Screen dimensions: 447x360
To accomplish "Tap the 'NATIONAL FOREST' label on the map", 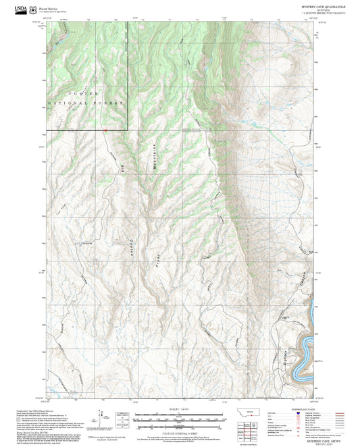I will tap(86, 103).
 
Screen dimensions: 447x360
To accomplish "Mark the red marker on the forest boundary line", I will tap(106, 129).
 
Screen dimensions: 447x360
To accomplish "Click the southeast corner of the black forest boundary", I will tap(128, 129).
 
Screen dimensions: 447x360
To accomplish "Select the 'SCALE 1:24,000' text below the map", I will tap(180, 409).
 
